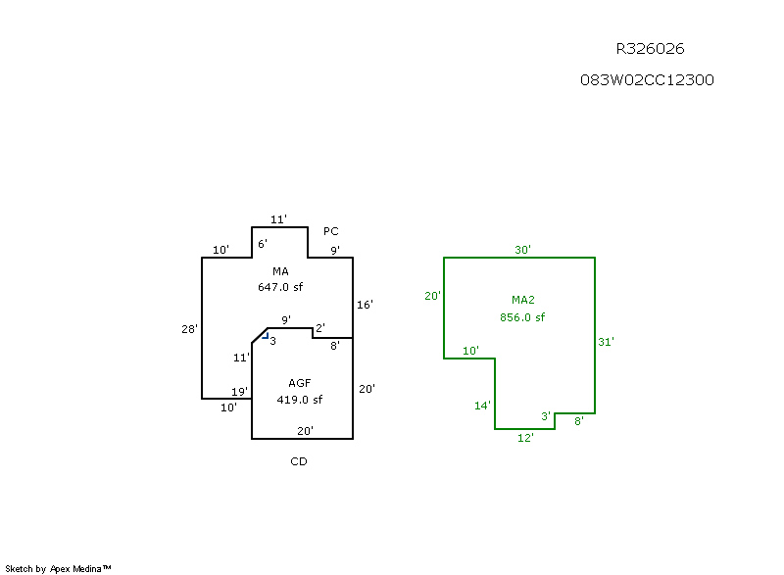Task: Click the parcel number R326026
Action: tap(650, 48)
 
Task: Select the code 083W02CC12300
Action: tap(647, 80)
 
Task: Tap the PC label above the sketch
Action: tap(331, 232)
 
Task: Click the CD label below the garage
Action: tap(299, 461)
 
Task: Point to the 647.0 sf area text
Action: tap(280, 287)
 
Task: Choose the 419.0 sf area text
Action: tap(300, 400)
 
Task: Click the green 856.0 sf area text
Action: tap(522, 317)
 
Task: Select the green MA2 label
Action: tap(522, 300)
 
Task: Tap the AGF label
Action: tap(300, 383)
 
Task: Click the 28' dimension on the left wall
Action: tap(190, 329)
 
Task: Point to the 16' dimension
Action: tap(365, 305)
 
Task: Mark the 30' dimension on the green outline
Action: tap(523, 250)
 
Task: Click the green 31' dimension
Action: tap(607, 342)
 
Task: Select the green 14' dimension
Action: tap(483, 406)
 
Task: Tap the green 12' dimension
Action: tap(525, 438)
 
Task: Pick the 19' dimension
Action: tap(239, 392)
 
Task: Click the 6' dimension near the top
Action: tap(263, 243)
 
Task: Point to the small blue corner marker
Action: tap(265, 335)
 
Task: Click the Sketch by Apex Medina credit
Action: tap(58, 568)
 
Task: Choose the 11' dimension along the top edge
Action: tap(278, 219)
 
